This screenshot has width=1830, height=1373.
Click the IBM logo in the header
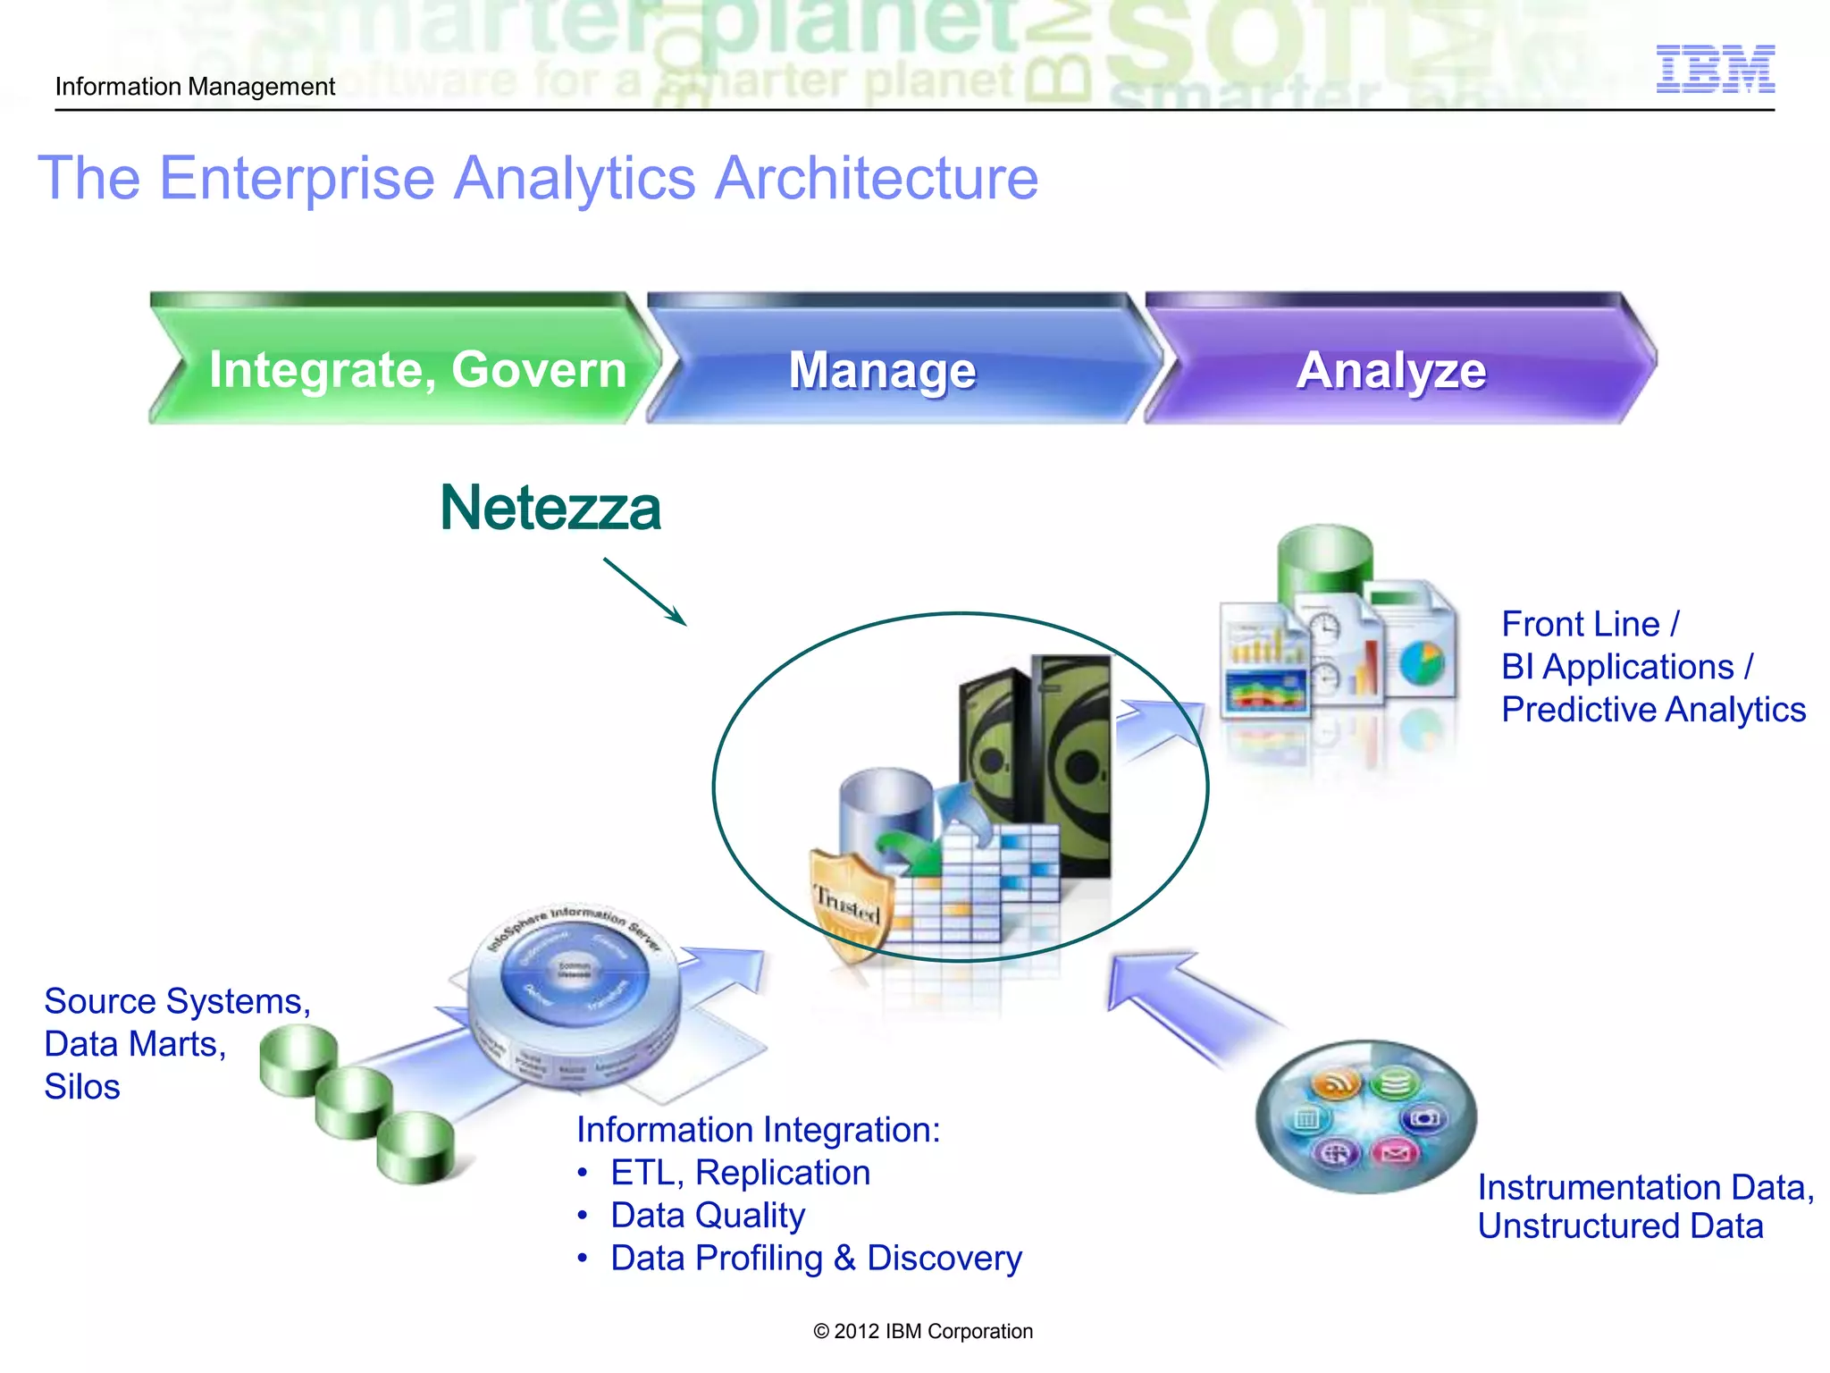click(x=1715, y=69)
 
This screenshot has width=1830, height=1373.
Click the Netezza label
click(x=550, y=508)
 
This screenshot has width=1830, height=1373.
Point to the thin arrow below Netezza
click(x=644, y=591)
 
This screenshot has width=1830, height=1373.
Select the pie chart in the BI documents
click(x=1422, y=662)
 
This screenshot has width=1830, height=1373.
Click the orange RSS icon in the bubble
click(x=1335, y=1084)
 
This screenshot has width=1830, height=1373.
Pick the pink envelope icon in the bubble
click(x=1395, y=1152)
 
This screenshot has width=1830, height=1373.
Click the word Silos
click(x=82, y=1087)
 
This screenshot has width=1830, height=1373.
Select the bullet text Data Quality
click(x=708, y=1216)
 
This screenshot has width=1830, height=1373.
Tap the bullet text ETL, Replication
click(x=740, y=1173)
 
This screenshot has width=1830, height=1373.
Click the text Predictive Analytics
click(x=1653, y=710)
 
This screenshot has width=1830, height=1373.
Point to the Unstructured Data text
click(x=1620, y=1226)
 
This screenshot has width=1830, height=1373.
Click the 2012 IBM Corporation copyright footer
click(x=923, y=1331)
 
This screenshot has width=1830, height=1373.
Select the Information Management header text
click(x=195, y=87)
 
